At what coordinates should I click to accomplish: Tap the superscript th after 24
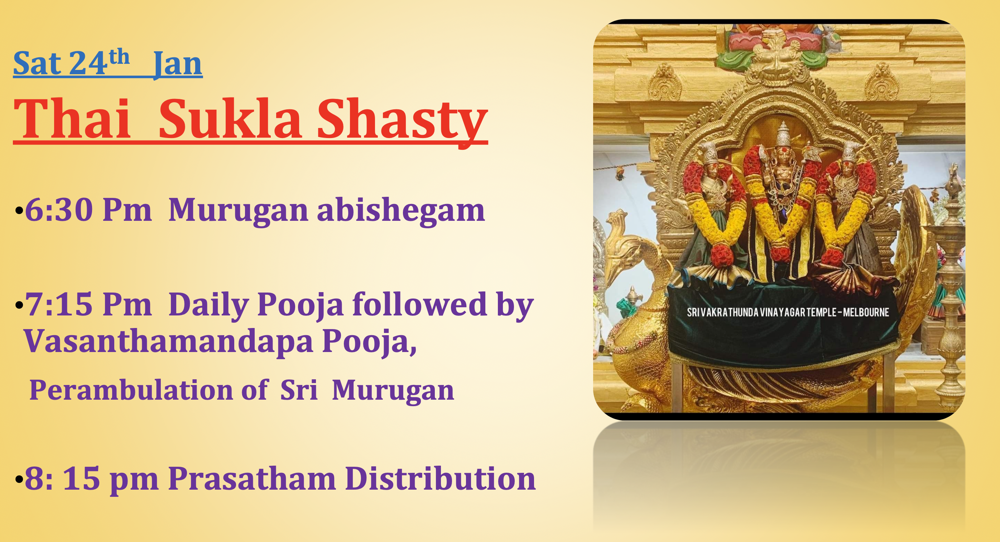119,57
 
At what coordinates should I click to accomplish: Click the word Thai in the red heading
72,119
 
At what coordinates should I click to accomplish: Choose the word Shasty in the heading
402,120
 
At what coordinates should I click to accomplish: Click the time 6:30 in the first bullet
58,210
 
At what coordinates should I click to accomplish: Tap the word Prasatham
252,479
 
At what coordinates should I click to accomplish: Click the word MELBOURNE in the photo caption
866,312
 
